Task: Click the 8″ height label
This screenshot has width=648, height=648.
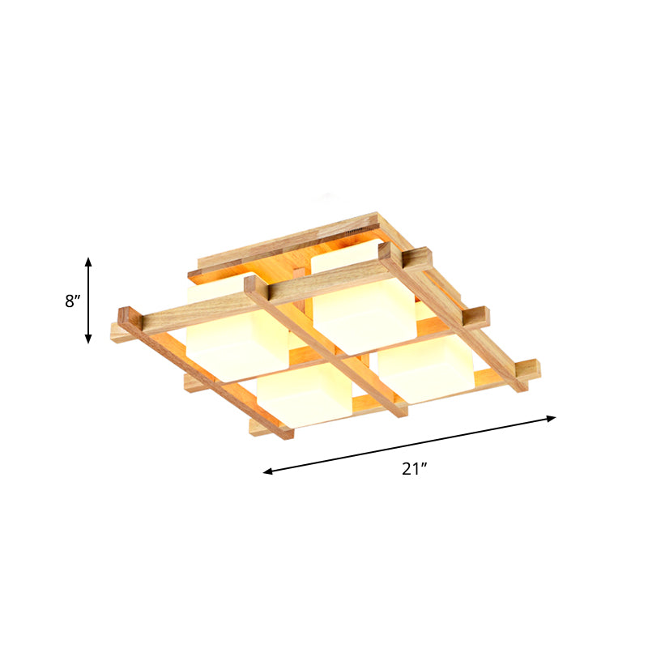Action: (x=73, y=301)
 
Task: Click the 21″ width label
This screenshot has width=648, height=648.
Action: (x=413, y=468)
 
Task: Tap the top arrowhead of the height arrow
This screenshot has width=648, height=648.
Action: (x=88, y=262)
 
